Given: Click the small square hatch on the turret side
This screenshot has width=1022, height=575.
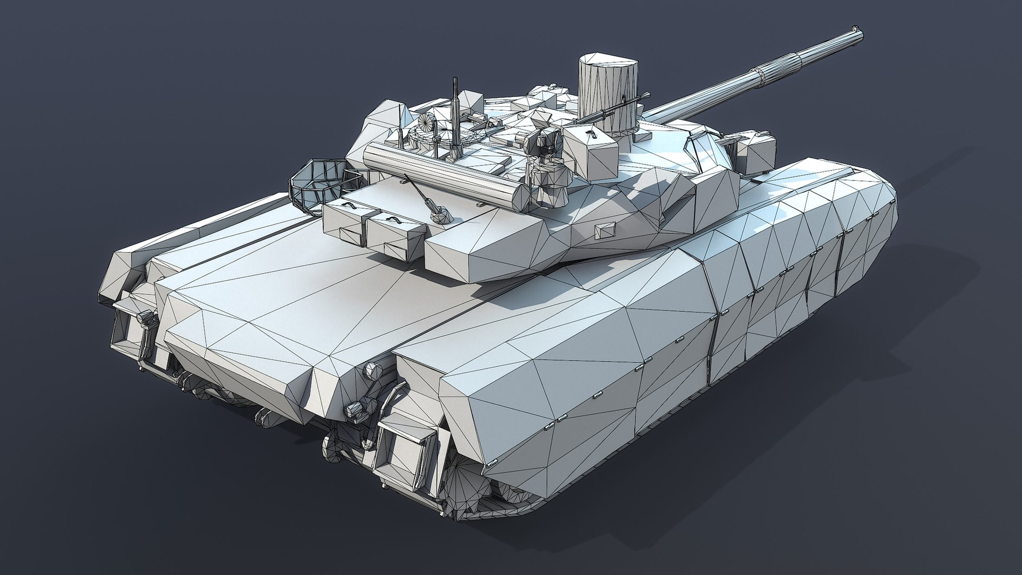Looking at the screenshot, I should click(601, 229).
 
